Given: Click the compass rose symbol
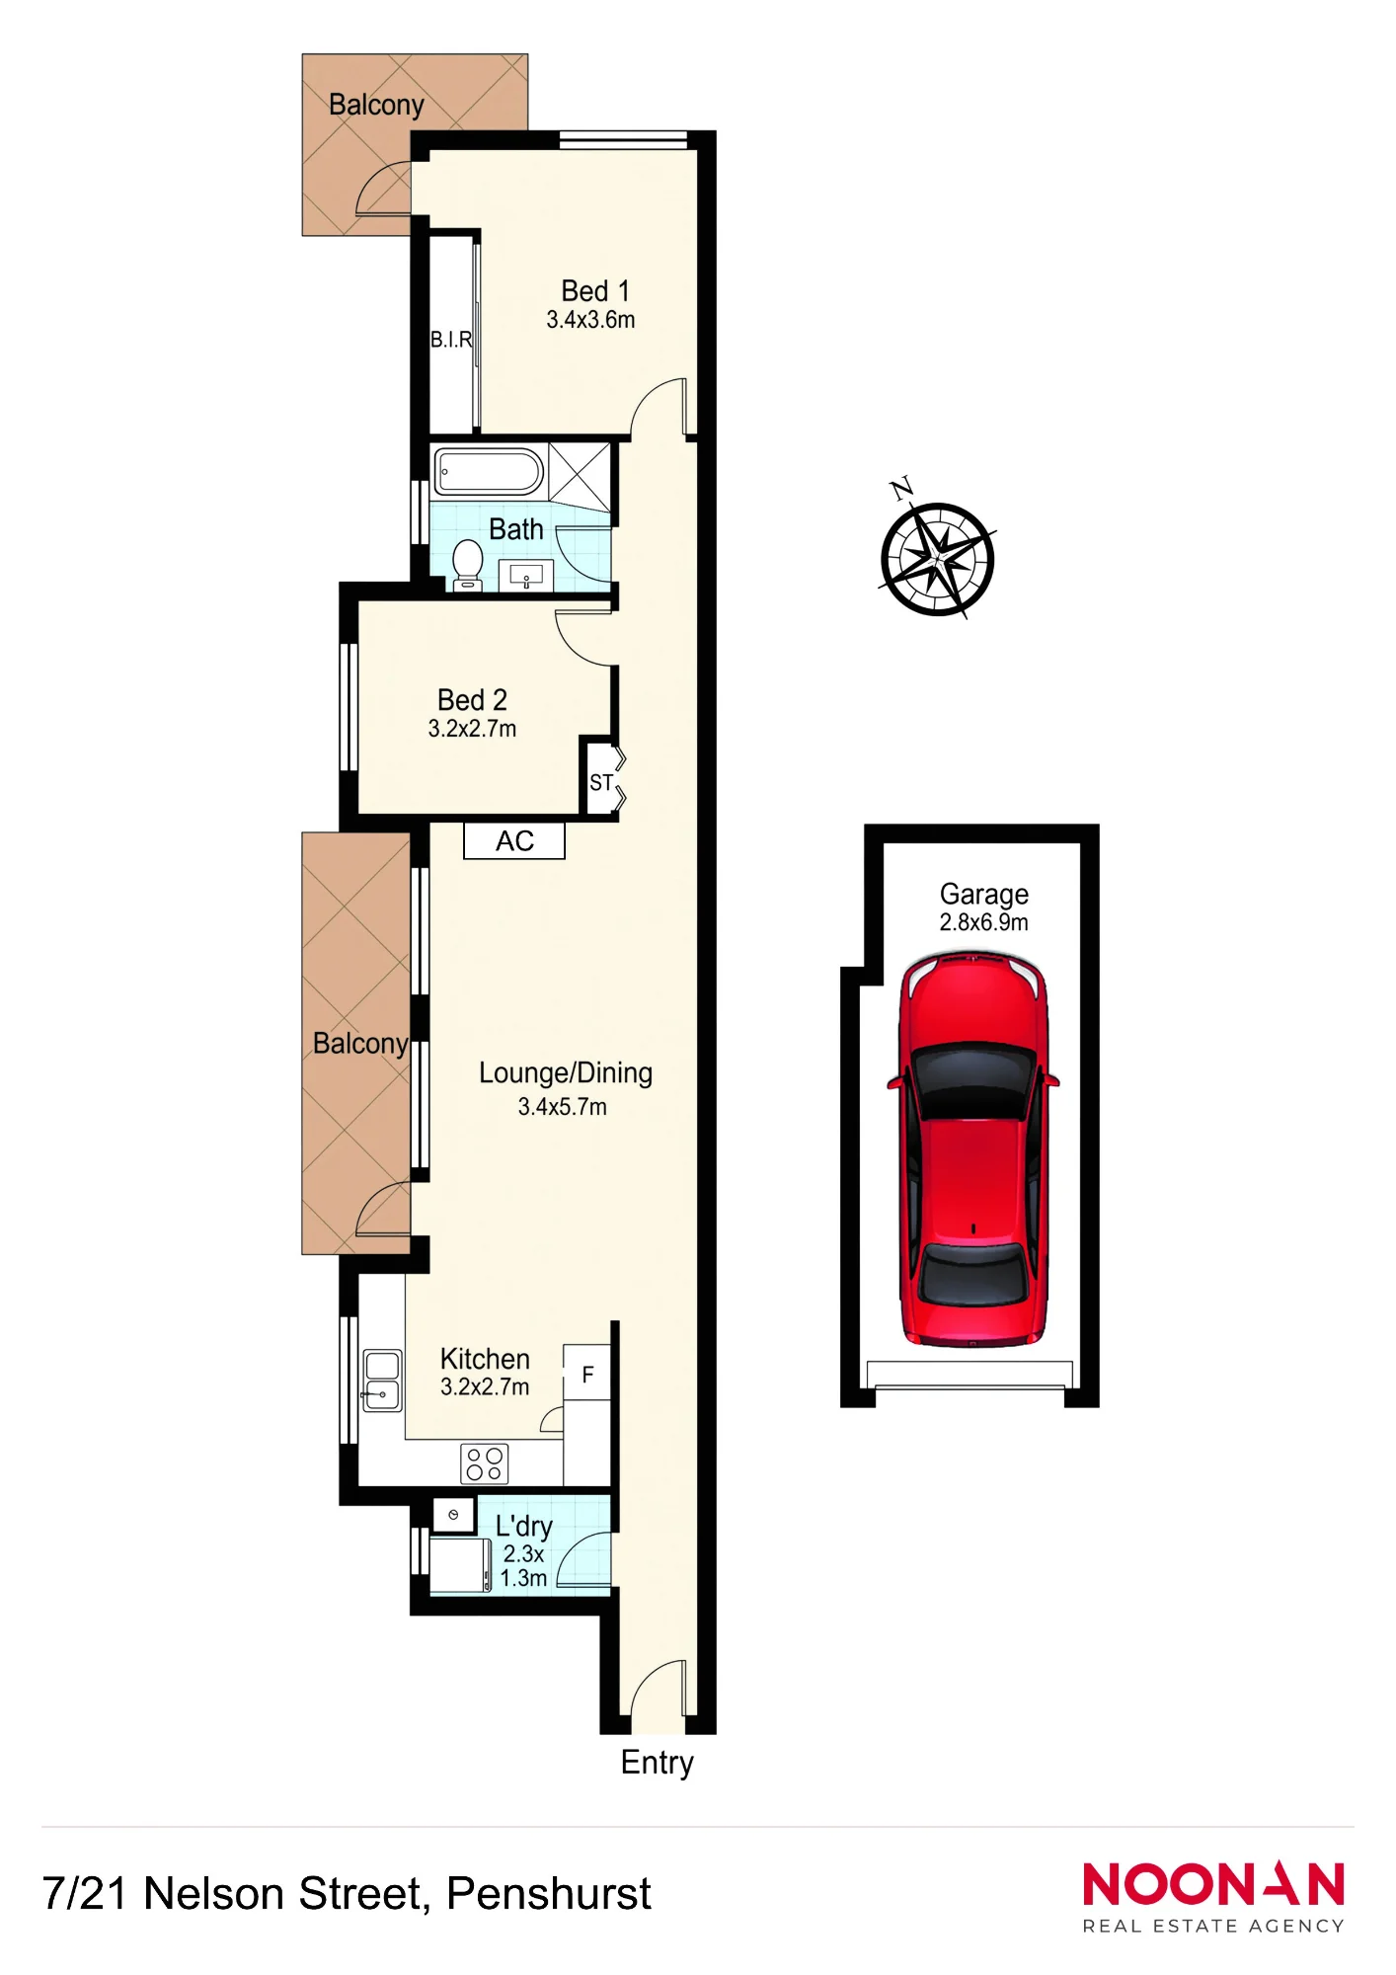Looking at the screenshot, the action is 937,559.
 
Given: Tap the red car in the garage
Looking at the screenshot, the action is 972,1149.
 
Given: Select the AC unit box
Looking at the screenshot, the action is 514,841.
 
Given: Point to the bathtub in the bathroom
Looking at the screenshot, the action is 489,472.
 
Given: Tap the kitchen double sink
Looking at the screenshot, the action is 382,1381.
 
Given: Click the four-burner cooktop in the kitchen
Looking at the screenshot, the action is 485,1463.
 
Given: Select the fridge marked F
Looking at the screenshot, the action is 587,1373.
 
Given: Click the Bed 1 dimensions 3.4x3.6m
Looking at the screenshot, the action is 590,320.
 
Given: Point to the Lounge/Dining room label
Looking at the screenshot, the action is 566,1073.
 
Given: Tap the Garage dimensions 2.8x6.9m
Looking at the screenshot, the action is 983,922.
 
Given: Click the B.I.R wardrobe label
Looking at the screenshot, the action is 451,340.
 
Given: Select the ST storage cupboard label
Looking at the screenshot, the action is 601,783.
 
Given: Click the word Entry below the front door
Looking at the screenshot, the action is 657,1764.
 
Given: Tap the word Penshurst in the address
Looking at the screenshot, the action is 548,1894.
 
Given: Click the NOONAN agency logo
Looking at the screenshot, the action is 1213,1897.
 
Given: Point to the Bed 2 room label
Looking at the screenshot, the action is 472,700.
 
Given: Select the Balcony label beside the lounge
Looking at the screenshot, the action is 360,1044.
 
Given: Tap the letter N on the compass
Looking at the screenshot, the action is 901,488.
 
